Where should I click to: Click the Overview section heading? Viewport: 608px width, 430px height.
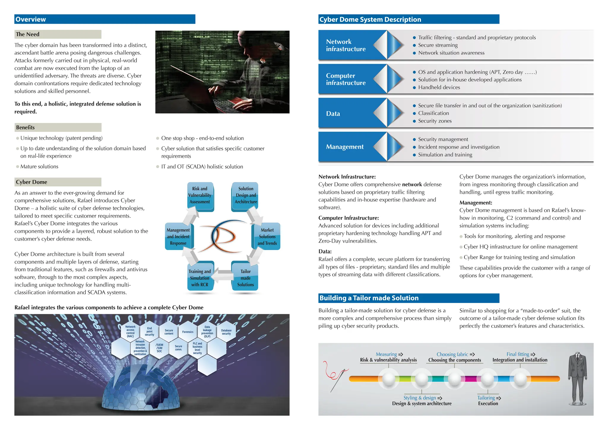[31, 19]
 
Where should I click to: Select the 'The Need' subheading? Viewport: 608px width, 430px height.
[28, 34]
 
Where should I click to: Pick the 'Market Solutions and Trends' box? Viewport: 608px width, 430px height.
[267, 236]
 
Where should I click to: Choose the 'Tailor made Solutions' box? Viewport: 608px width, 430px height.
[246, 278]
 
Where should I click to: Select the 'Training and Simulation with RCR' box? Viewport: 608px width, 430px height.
[200, 278]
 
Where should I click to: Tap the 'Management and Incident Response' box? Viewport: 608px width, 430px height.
[178, 236]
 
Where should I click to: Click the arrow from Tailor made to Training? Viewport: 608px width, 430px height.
[223, 275]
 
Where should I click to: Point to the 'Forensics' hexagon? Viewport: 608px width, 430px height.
[188, 332]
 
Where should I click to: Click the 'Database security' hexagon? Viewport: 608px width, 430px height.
[226, 332]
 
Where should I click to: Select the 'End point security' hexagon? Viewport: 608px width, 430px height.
[149, 332]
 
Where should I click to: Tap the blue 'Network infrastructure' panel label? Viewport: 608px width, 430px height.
[346, 45]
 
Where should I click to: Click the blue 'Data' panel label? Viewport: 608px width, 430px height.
[333, 114]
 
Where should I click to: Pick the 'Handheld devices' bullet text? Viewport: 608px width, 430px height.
[439, 87]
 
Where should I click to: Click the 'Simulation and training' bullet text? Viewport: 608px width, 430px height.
[445, 155]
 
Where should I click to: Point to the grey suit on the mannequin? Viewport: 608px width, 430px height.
[577, 377]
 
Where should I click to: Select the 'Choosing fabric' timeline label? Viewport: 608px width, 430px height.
[452, 354]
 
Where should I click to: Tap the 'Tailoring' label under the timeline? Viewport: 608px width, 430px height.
[486, 398]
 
